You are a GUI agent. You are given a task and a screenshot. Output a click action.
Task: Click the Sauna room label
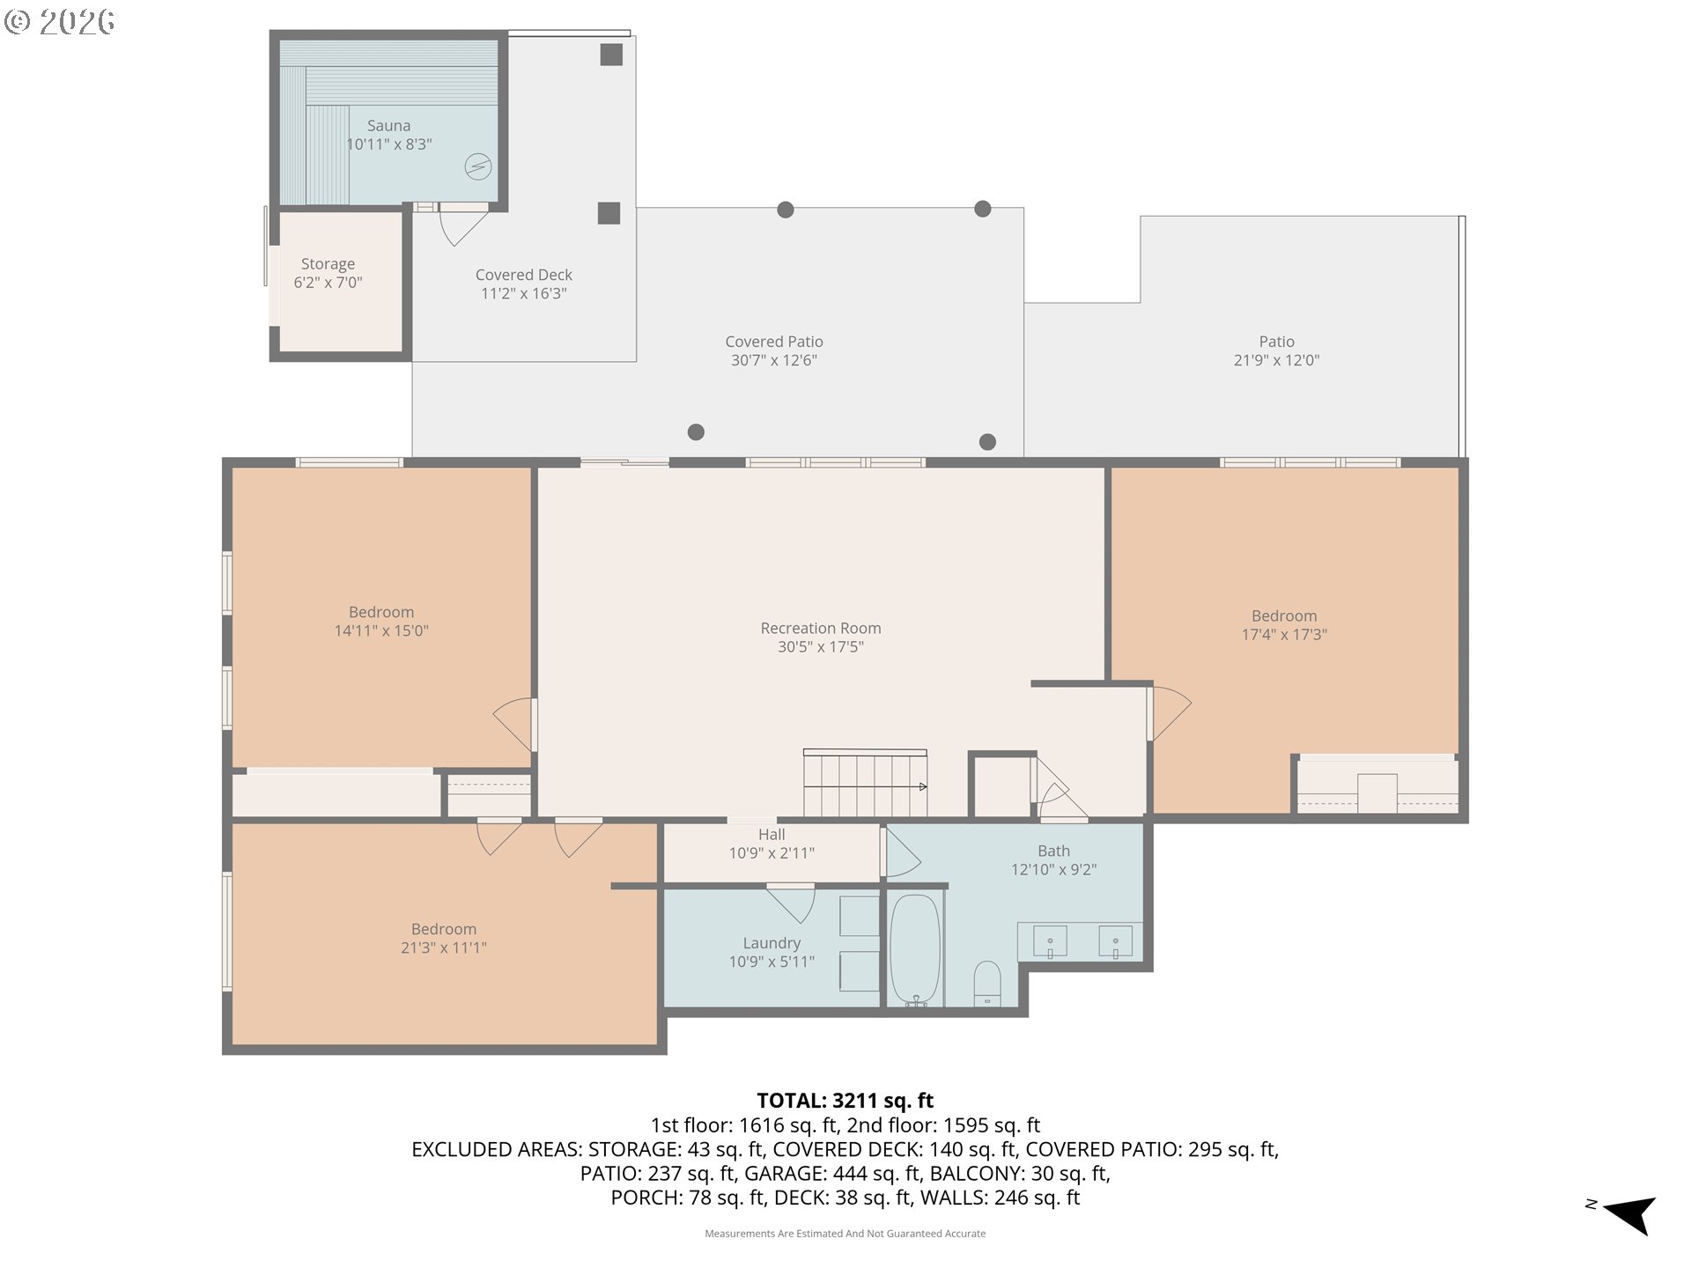(388, 126)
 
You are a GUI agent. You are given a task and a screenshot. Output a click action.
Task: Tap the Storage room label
(328, 264)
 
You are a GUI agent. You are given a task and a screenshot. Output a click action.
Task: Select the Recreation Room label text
(821, 629)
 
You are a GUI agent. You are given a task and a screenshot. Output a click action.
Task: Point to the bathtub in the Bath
(916, 951)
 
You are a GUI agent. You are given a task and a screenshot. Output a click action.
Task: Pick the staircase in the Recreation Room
(865, 783)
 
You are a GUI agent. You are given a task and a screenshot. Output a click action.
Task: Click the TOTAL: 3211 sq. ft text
(845, 1101)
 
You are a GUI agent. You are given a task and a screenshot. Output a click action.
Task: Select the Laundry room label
(772, 943)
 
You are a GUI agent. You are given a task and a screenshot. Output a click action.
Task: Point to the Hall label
(772, 835)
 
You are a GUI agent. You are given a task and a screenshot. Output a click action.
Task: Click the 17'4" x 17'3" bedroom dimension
(1284, 635)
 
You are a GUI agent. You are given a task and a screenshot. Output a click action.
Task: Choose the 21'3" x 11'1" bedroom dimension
(444, 948)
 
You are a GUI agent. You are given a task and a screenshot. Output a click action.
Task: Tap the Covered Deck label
(524, 276)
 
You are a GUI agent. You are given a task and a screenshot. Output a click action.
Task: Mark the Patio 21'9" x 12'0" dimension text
(1277, 360)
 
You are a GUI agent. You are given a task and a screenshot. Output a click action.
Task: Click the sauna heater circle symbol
(478, 166)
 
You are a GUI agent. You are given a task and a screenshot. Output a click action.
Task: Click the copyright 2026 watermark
(59, 21)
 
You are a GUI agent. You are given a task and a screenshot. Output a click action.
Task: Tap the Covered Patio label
(774, 342)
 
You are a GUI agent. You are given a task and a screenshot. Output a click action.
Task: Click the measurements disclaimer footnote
(845, 1234)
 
